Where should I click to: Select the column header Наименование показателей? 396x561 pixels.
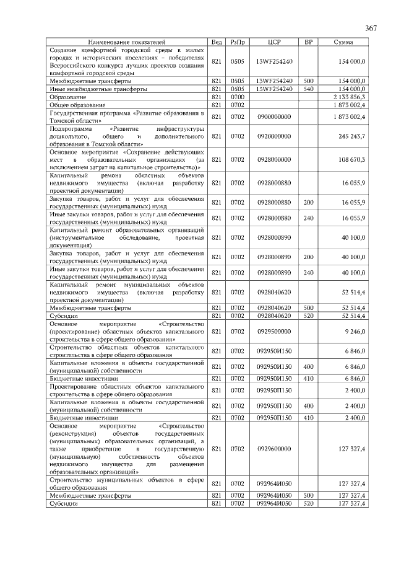click(x=127, y=42)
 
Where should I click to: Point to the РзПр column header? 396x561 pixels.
click(x=237, y=42)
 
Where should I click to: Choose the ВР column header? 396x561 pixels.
click(x=309, y=42)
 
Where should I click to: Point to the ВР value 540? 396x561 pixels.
click(x=309, y=89)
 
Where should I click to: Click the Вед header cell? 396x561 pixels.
click(x=217, y=42)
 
